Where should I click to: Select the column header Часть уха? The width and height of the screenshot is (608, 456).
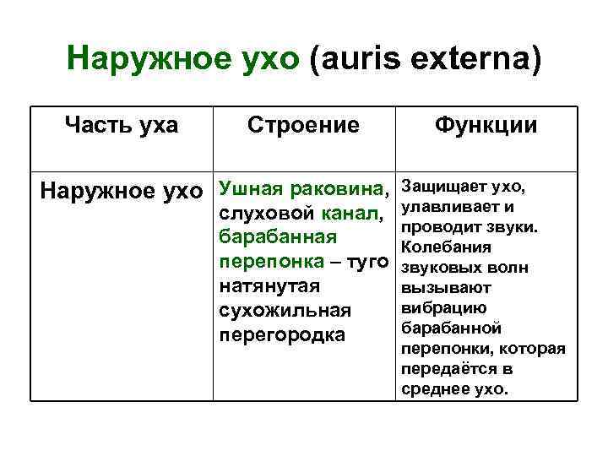[122, 126]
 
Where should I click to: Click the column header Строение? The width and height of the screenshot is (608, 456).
[304, 126]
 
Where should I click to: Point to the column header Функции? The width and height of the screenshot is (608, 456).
[486, 126]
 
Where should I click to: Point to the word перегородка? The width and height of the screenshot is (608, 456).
[282, 335]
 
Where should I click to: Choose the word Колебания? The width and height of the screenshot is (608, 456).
[444, 247]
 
